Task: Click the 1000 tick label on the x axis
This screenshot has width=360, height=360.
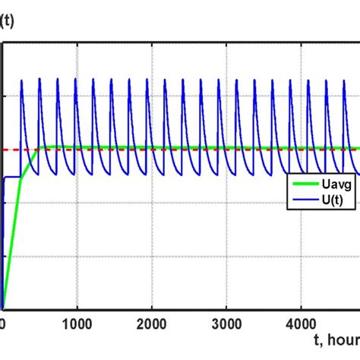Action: (x=76, y=321)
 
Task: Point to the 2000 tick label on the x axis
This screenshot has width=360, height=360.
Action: (x=151, y=321)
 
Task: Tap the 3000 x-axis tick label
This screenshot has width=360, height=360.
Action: (x=226, y=321)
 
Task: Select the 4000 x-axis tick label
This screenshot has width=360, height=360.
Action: (x=300, y=321)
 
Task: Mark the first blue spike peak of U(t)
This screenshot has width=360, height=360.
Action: (x=21, y=79)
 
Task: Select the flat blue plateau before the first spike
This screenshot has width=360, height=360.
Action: (x=11, y=177)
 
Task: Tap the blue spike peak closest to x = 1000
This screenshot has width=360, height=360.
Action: (x=75, y=79)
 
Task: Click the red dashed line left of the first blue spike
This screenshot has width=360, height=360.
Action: (x=11, y=150)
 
